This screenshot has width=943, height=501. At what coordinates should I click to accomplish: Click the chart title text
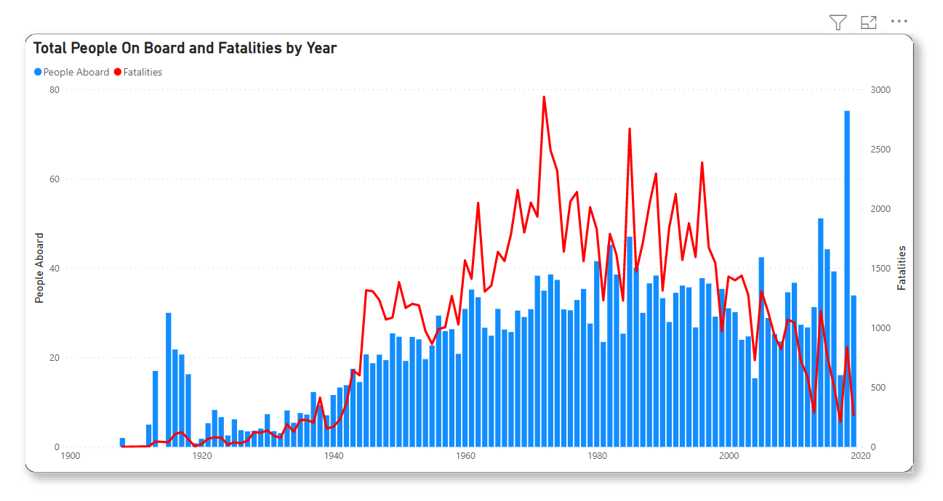(x=185, y=49)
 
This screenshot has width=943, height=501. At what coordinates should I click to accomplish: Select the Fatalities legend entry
(x=138, y=72)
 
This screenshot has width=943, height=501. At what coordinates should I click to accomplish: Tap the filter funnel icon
(x=838, y=23)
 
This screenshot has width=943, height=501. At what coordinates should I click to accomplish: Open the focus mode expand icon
(x=868, y=23)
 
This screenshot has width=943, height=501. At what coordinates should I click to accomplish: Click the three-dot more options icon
(x=899, y=22)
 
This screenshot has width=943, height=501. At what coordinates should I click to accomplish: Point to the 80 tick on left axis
(x=54, y=90)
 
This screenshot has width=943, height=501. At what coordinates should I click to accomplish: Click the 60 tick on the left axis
(x=54, y=179)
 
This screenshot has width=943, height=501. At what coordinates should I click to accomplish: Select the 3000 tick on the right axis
(x=880, y=90)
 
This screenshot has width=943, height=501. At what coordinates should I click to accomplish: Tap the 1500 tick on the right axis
(x=880, y=269)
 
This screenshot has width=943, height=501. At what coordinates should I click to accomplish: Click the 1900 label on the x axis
(x=70, y=457)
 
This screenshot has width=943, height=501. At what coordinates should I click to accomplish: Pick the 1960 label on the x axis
(x=465, y=457)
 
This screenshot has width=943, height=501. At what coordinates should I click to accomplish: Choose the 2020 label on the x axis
(x=860, y=457)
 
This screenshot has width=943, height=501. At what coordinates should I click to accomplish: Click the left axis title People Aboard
(x=39, y=268)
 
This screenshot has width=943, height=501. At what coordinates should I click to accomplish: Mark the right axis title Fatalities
(x=902, y=268)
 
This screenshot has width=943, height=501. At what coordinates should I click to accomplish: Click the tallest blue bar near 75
(x=847, y=276)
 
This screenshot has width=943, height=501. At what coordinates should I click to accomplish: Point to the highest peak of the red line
(x=544, y=97)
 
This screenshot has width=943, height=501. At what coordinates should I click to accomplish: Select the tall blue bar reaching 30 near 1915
(x=169, y=378)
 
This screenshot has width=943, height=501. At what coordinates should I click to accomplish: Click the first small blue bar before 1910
(x=122, y=442)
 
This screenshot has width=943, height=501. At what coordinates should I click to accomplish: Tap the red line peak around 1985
(x=630, y=129)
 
